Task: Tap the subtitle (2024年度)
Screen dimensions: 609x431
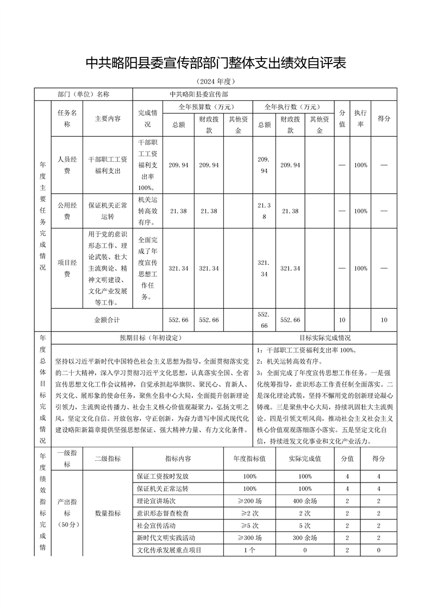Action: click(x=216, y=82)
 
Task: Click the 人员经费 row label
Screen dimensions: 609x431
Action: click(x=67, y=164)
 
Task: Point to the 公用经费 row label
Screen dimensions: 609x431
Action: click(x=67, y=211)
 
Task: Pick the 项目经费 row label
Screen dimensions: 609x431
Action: click(x=67, y=268)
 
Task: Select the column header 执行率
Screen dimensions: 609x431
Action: click(x=360, y=118)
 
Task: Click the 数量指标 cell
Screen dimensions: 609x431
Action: click(x=108, y=513)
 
